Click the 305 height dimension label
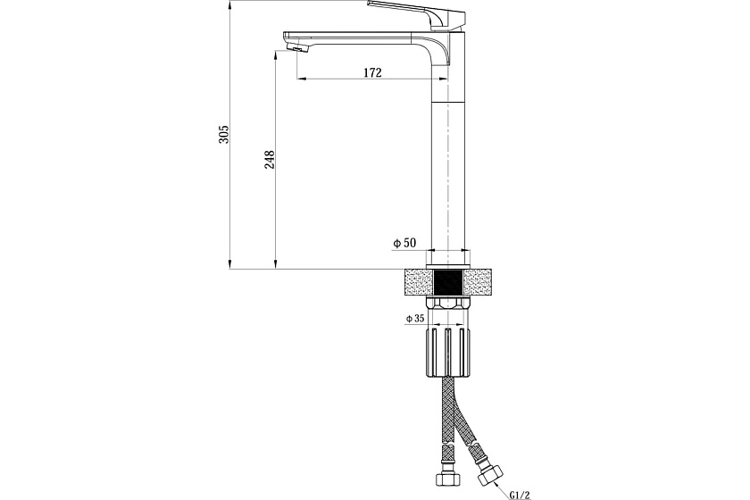coord(224,135)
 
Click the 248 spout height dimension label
coord(270,159)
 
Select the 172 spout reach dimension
coord(372,72)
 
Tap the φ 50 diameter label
coord(404,243)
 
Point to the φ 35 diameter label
coord(415,318)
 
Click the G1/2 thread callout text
coord(520,495)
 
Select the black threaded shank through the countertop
coord(448,282)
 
